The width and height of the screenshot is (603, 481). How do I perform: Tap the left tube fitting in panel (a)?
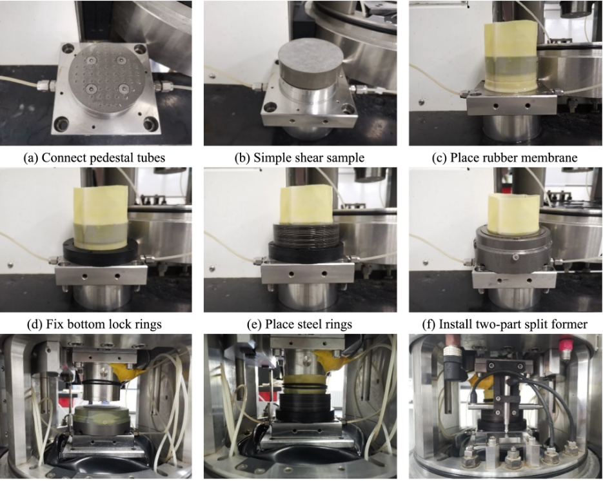pyautogui.click(x=46, y=85)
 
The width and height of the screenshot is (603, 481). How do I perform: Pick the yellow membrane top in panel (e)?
pyautogui.click(x=306, y=205)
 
